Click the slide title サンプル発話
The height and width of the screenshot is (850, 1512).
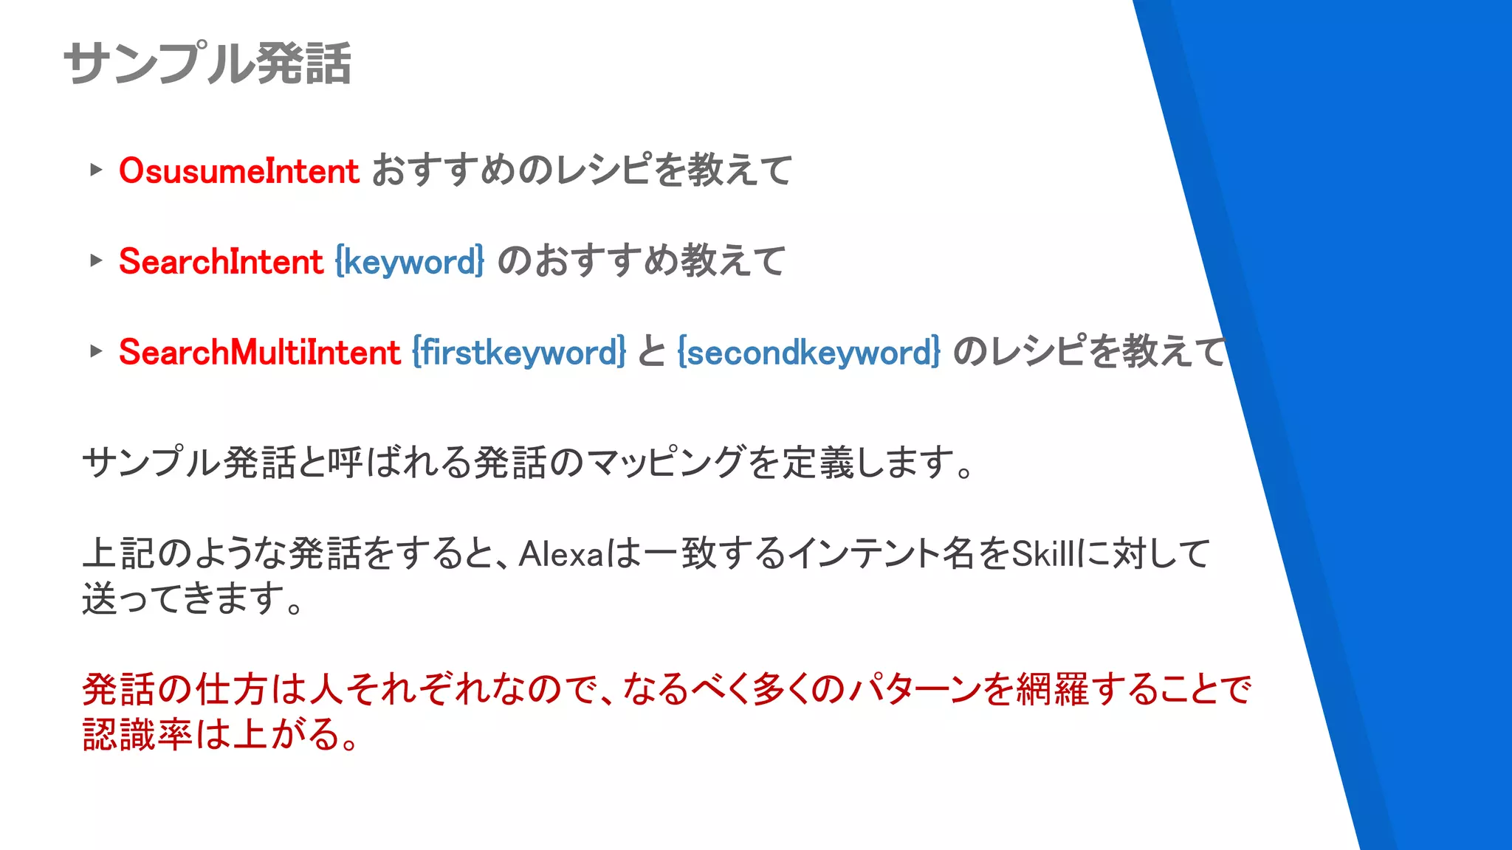(207, 63)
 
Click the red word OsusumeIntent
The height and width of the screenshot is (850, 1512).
(238, 171)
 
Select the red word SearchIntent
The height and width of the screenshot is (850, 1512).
(221, 262)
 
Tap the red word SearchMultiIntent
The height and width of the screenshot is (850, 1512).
(259, 352)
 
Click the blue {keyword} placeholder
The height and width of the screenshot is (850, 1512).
(410, 262)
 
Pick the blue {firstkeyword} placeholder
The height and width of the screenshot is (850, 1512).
(519, 352)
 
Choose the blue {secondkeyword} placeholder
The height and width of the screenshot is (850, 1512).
(809, 352)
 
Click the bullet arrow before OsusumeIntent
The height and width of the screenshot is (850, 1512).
(95, 170)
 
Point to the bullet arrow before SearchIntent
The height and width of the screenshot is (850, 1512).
(95, 260)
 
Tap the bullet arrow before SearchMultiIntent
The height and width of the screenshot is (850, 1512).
(95, 351)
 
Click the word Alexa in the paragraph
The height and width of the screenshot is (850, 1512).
(562, 554)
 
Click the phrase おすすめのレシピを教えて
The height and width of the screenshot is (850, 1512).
(582, 171)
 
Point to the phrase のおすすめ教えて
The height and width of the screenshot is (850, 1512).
(641, 262)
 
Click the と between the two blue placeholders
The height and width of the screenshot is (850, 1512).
(652, 352)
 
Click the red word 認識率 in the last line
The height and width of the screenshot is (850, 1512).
(137, 735)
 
